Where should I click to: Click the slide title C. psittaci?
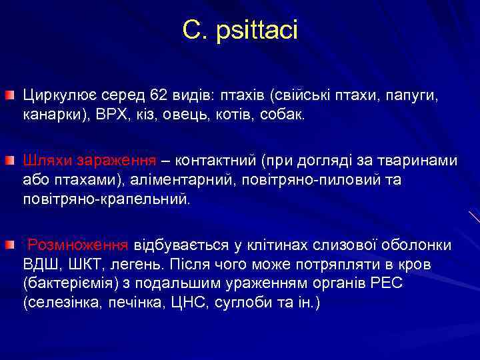click(240, 30)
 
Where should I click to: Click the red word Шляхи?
click(48, 161)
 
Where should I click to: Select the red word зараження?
click(117, 161)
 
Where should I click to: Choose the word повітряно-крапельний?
click(105, 199)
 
